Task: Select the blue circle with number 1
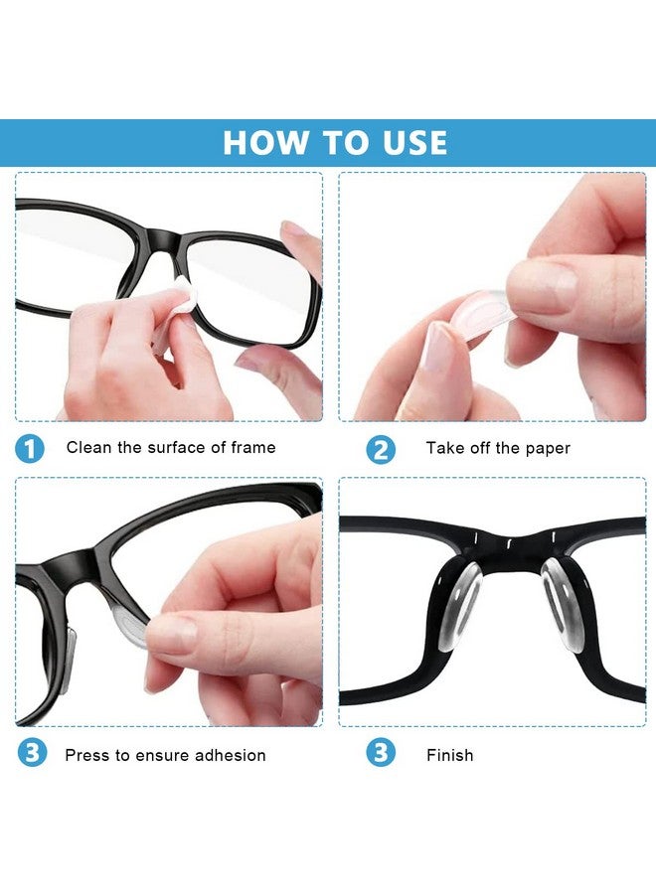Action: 30,448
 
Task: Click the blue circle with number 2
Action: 380,449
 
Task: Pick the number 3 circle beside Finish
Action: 380,754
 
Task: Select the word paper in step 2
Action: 549,449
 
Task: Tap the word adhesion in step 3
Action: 230,755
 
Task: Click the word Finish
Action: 449,755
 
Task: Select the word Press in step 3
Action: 86,755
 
